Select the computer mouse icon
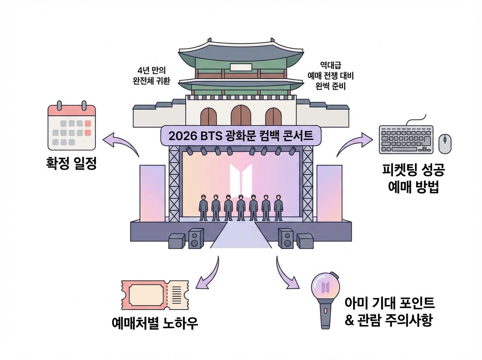[444, 143]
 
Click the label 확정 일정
[71, 164]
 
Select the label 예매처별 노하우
[155, 323]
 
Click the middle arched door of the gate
[241, 115]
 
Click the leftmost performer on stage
[204, 207]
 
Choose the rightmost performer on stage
[278, 207]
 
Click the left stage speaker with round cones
[196, 238]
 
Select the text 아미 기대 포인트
[390, 303]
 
